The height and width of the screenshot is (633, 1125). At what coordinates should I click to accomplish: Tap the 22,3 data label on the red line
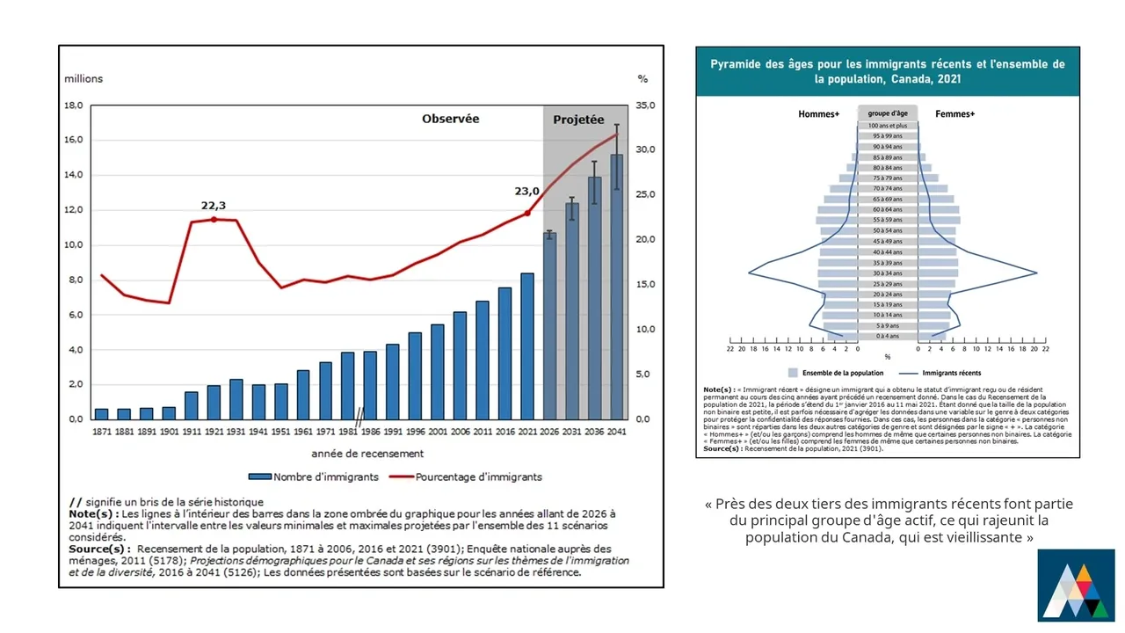(x=214, y=206)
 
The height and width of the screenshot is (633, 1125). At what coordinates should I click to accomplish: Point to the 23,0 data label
(x=528, y=190)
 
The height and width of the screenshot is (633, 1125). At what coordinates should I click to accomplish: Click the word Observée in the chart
(x=450, y=119)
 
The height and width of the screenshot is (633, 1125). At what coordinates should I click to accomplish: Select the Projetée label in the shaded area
(x=578, y=120)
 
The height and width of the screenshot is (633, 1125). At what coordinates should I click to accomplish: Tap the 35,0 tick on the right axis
(x=645, y=105)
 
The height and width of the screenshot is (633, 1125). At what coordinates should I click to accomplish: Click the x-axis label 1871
(x=102, y=432)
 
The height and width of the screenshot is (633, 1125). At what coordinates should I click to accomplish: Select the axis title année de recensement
(x=367, y=454)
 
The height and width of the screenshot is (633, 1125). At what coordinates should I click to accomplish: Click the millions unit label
(x=83, y=78)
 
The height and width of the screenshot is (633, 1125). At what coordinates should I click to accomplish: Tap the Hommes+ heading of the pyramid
(x=818, y=114)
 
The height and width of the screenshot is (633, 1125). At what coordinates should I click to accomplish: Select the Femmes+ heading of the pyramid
(x=954, y=114)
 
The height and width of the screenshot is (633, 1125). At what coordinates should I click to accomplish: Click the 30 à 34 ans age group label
(x=888, y=273)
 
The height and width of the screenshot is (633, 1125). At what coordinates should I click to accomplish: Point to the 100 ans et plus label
(x=888, y=126)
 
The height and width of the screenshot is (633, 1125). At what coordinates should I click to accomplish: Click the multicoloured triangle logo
(x=1076, y=585)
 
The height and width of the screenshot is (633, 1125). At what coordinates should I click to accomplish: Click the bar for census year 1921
(x=214, y=403)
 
